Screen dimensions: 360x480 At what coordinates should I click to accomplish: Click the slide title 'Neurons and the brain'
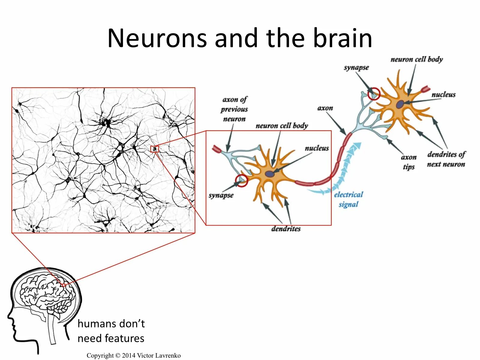coord(240,38)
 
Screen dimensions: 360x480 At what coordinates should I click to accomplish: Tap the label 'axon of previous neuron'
coord(234,109)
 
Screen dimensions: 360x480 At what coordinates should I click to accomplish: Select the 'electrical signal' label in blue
coord(348,199)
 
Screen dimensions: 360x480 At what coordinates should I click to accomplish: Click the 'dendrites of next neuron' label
coord(446,159)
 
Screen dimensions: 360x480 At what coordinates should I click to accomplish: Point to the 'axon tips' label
coord(409,162)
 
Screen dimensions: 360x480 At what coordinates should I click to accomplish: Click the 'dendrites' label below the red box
coord(286,229)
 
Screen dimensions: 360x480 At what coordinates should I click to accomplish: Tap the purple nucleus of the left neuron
coord(269,174)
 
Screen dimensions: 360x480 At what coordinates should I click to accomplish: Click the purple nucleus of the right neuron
coord(400,104)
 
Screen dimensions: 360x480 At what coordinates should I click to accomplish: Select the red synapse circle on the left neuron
coord(241,181)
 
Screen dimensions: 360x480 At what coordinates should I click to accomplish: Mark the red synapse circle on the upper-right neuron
coord(374,94)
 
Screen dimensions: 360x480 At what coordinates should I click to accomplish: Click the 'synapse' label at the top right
coord(356,67)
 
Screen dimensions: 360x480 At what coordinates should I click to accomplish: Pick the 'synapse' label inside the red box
coord(221,195)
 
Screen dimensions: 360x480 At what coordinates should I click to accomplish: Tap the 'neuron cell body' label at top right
coord(416,59)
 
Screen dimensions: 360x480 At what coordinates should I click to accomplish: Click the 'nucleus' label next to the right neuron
coord(443,95)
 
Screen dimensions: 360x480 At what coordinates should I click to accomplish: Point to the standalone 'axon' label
coord(325,108)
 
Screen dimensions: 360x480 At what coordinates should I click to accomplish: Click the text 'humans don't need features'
coord(111,331)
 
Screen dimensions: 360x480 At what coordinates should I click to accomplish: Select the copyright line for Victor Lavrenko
coord(133,355)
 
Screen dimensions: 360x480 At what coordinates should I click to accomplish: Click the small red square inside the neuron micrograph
coord(154,149)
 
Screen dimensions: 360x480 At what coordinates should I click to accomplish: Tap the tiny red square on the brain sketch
coord(64,285)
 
